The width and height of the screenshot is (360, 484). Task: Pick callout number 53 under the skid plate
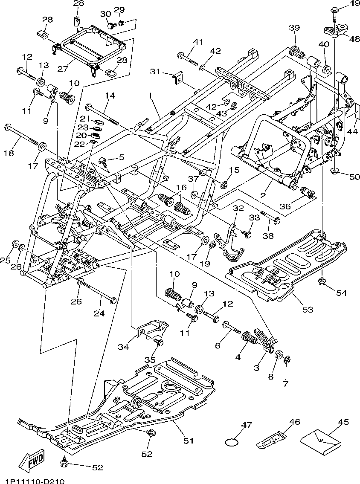coord(308,309)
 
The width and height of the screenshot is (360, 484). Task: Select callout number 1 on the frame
coord(150,96)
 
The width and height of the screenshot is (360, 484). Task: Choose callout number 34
coord(123,347)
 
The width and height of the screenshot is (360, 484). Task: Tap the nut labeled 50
coord(335,172)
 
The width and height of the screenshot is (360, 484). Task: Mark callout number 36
coord(285,206)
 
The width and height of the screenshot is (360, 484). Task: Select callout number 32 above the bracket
coord(238,208)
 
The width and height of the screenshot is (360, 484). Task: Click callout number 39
coord(294,28)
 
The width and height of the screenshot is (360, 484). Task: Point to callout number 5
coord(121,157)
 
